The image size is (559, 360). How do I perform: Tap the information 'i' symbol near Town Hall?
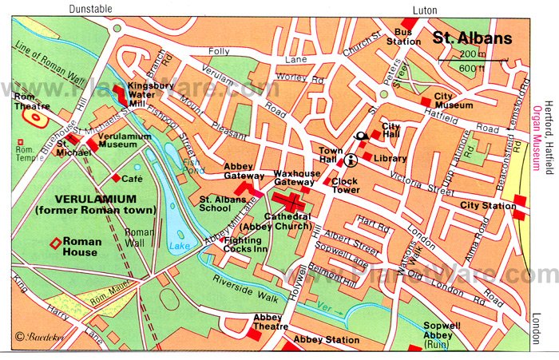pos(350,159)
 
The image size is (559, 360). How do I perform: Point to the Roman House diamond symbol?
pos(54,243)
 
